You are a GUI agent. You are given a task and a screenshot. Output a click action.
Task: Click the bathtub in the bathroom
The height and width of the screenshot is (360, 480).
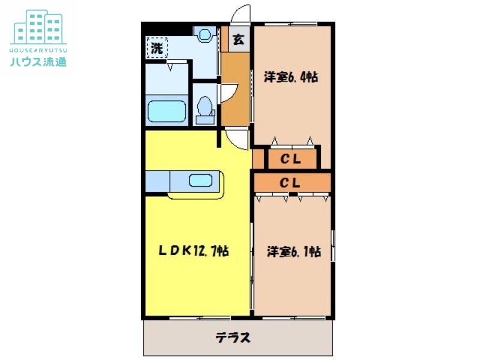167,112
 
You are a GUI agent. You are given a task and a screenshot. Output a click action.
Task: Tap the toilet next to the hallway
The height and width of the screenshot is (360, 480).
205,109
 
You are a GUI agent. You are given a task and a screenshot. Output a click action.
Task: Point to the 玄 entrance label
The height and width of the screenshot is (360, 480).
238,40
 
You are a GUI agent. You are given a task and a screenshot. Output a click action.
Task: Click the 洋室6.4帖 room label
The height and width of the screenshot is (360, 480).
291,78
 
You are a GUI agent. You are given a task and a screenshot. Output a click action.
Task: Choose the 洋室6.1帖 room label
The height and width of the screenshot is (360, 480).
293,251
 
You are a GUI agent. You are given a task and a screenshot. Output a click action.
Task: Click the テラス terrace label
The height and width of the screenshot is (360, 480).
233,337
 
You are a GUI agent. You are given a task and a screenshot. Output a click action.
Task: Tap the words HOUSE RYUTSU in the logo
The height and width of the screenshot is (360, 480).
38,49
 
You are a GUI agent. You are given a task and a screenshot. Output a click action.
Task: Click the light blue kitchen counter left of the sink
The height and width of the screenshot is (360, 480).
158,180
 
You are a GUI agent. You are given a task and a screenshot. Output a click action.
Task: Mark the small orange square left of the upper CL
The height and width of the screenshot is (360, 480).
258,159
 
